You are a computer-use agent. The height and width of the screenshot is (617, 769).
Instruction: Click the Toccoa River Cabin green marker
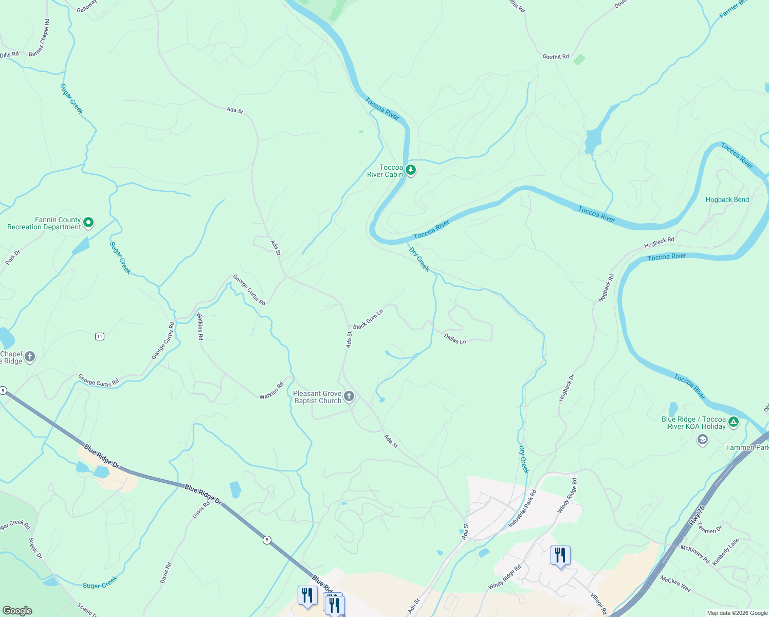(x=410, y=170)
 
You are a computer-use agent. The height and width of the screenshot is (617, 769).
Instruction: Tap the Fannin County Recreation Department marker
(x=88, y=223)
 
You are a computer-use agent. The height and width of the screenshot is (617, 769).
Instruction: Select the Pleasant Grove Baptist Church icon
(x=349, y=396)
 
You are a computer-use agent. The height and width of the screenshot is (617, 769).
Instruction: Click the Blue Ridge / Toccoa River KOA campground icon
(x=734, y=422)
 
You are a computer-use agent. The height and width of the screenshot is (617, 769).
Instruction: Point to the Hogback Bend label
(x=727, y=199)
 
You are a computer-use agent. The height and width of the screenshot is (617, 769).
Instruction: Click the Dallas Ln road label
(x=455, y=339)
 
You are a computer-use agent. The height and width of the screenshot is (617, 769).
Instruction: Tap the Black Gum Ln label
(x=368, y=319)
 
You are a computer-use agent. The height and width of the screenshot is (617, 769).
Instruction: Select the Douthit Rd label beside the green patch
(x=556, y=57)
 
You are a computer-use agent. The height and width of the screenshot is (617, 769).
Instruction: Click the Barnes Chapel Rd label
(x=40, y=38)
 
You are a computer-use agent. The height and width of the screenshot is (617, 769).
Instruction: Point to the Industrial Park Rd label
(x=522, y=509)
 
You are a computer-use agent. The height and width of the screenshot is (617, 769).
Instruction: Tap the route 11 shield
(x=100, y=336)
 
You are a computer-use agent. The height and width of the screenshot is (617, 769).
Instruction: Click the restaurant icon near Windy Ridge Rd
(x=560, y=555)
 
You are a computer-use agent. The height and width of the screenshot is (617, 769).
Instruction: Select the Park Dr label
(x=13, y=257)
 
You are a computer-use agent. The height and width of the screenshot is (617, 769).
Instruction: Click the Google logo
(x=17, y=611)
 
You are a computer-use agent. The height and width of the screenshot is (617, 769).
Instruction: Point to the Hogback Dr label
(x=567, y=388)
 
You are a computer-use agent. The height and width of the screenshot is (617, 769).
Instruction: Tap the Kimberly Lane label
(x=726, y=552)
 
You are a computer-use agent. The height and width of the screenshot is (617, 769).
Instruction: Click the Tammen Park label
(x=746, y=447)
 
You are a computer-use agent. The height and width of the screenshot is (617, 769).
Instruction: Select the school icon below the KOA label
(x=703, y=440)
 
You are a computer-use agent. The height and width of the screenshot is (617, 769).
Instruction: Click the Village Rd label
(x=598, y=604)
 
